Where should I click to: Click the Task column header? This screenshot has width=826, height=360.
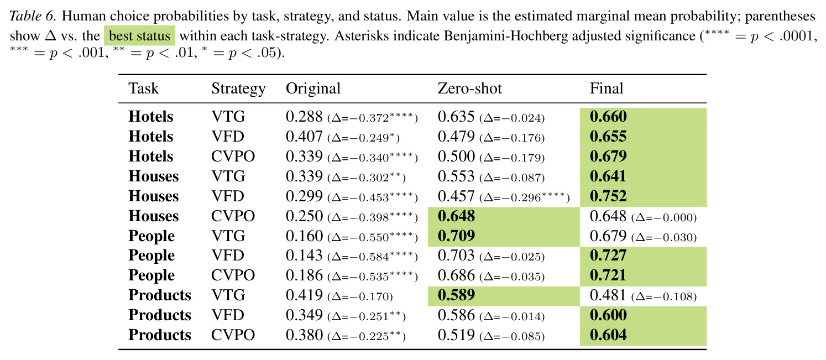[x=143, y=88]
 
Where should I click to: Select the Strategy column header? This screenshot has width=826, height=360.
[x=238, y=89]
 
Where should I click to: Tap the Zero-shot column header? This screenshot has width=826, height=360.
[x=469, y=88]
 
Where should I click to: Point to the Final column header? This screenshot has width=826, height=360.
[x=606, y=88]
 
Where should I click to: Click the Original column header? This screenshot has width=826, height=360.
[x=313, y=89]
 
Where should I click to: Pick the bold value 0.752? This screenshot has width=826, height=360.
[x=608, y=196]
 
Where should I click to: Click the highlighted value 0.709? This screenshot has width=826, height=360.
[x=456, y=236]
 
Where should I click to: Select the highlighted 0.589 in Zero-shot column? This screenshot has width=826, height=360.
[x=456, y=295]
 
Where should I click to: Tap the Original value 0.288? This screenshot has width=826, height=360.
[x=304, y=117]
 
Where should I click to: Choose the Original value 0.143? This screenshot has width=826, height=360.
[x=304, y=255]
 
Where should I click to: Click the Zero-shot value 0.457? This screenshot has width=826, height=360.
[x=456, y=196]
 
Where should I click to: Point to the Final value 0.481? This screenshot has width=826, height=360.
[x=608, y=295]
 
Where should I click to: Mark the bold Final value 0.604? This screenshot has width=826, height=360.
[x=608, y=335]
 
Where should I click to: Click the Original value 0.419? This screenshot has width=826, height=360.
[x=304, y=295]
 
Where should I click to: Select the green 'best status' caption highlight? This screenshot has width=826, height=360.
[x=139, y=36]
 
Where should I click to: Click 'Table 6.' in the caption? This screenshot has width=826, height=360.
[x=33, y=16]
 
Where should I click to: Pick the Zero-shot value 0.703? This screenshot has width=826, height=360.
[x=456, y=255]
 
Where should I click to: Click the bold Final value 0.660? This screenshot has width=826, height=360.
[x=608, y=117]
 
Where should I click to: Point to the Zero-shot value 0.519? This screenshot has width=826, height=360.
[x=456, y=335]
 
